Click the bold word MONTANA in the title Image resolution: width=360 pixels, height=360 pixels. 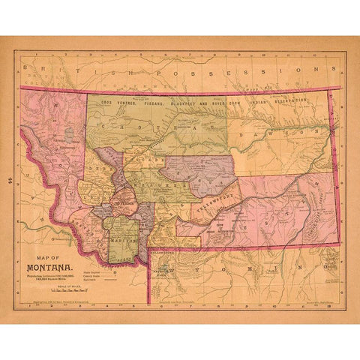click(49, 266)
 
